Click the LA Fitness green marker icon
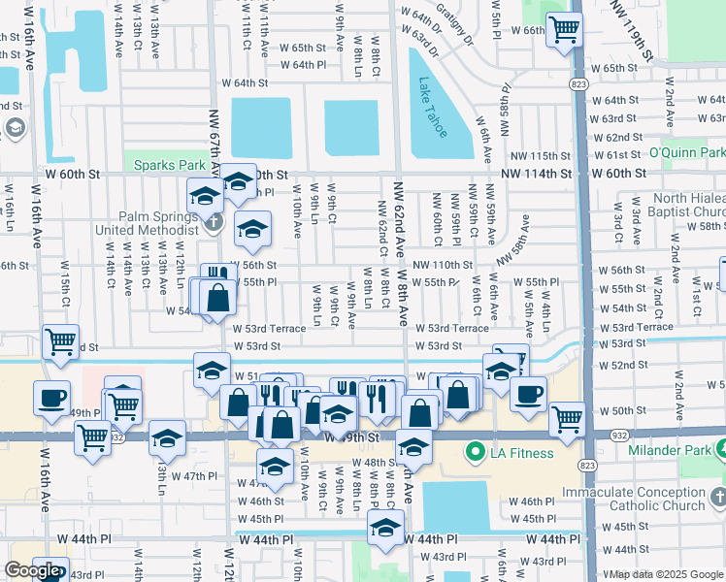point(476,452)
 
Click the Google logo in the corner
point(31,570)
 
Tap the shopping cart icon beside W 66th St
point(563,29)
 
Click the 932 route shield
point(115,437)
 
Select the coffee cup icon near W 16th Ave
point(51,397)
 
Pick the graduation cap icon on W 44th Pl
point(385,529)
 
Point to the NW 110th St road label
point(442,265)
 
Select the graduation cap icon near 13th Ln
point(167,437)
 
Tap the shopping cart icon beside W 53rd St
point(61,343)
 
